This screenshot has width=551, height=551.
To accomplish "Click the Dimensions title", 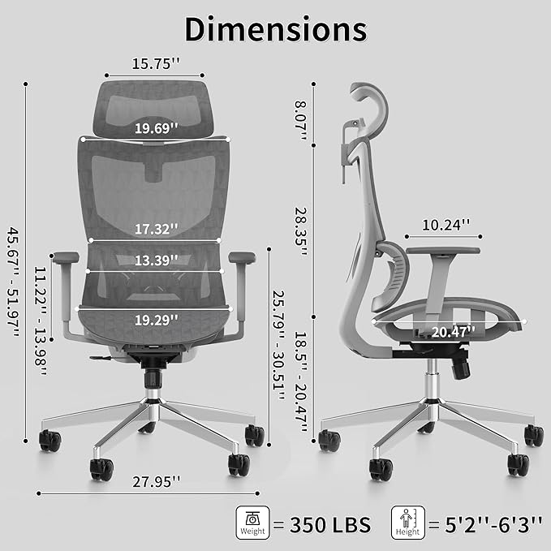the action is [276, 29].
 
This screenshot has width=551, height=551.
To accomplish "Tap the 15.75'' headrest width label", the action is [156, 63].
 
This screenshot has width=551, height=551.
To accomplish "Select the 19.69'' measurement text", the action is [157, 128].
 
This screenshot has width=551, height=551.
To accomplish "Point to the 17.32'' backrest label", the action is [157, 229].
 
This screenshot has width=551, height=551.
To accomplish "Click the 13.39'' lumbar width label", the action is [157, 260].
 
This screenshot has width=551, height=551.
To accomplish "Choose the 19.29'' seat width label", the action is [157, 320].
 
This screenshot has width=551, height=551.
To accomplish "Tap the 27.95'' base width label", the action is [157, 481].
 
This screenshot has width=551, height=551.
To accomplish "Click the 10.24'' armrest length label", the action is [446, 226].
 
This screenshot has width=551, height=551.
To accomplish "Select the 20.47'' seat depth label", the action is [453, 332].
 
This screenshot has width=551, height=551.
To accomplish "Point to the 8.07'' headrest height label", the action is [301, 121].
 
